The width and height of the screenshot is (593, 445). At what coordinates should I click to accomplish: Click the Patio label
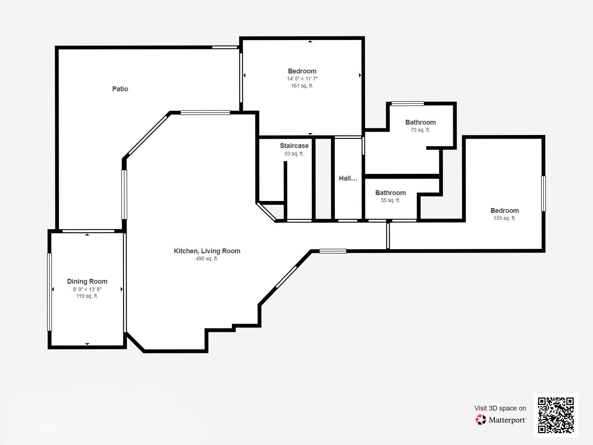pos(120,89)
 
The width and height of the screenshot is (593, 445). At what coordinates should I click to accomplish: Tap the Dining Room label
pos(87,281)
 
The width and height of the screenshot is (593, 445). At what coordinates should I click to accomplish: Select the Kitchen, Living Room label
pos(207,251)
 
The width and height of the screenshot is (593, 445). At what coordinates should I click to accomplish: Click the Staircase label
pos(294,146)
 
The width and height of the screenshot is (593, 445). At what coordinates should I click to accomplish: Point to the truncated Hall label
pos(348,178)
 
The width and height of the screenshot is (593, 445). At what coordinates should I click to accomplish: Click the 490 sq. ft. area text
pos(207,258)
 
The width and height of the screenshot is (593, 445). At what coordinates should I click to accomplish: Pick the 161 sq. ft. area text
pos(302,86)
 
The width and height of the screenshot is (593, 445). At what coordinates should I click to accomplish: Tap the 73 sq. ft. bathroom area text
pos(420,130)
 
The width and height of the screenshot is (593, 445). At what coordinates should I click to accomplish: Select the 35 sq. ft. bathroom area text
pos(390,200)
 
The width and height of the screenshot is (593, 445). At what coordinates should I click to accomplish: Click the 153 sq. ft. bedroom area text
pos(504,218)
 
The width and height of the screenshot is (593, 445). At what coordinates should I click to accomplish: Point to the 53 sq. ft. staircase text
pos(294,154)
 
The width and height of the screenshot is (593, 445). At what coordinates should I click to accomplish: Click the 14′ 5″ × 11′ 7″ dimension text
pos(302,79)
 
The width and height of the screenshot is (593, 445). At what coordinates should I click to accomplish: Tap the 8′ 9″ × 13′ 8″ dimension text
pos(87,289)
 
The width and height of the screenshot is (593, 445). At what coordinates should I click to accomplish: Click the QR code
pos(556,415)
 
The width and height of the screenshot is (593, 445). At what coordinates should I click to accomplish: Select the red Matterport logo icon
pos(481,420)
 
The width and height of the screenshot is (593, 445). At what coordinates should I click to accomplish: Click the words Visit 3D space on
pos(500,408)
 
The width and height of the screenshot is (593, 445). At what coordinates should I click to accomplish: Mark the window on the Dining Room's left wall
pos(49,292)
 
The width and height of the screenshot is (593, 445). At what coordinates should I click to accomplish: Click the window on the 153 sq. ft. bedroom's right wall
pos(543,194)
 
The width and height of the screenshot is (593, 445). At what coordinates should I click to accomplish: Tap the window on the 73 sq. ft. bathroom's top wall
pos(408,103)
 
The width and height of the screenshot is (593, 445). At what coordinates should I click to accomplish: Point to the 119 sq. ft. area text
pos(87,296)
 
